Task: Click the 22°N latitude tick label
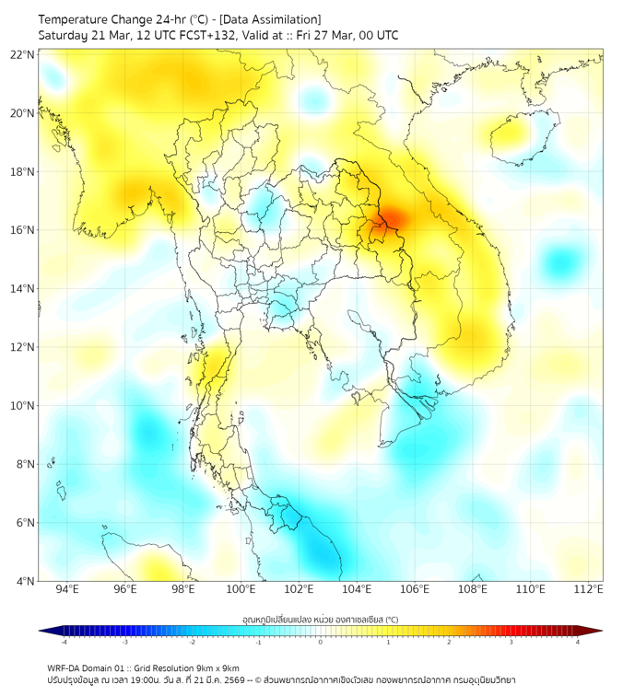pos(22,55)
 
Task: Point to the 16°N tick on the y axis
pos(22,230)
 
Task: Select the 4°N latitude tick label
pos(25,581)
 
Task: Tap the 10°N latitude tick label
pos(22,406)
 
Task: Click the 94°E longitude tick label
pos(67,589)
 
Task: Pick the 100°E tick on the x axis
pos(241,589)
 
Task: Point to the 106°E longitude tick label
pos(415,589)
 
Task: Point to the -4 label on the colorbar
pos(63,642)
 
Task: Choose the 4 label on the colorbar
pos(578,642)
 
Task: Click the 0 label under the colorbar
pos(321,642)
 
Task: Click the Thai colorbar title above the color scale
pos(320,619)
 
